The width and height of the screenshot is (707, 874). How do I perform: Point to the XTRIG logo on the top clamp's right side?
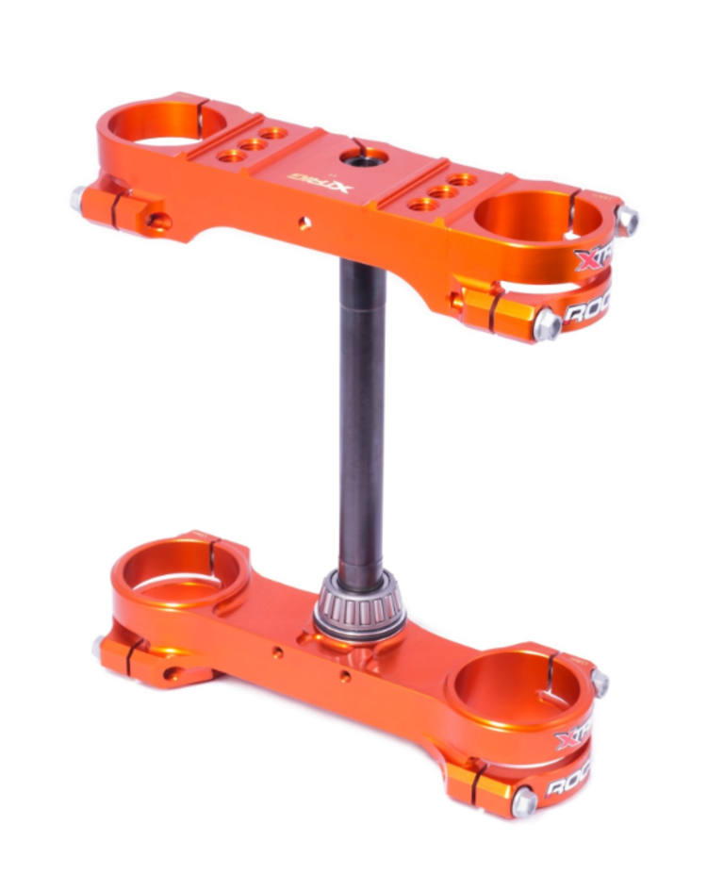[593, 256]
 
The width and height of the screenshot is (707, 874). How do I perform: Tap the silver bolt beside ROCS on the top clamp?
[546, 325]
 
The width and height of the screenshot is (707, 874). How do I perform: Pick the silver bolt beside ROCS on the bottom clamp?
[524, 801]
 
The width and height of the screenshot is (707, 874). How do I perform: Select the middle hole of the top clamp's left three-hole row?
[253, 145]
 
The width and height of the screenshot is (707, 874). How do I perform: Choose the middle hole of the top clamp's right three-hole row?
[441, 191]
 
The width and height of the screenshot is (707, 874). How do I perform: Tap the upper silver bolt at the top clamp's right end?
[626, 221]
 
